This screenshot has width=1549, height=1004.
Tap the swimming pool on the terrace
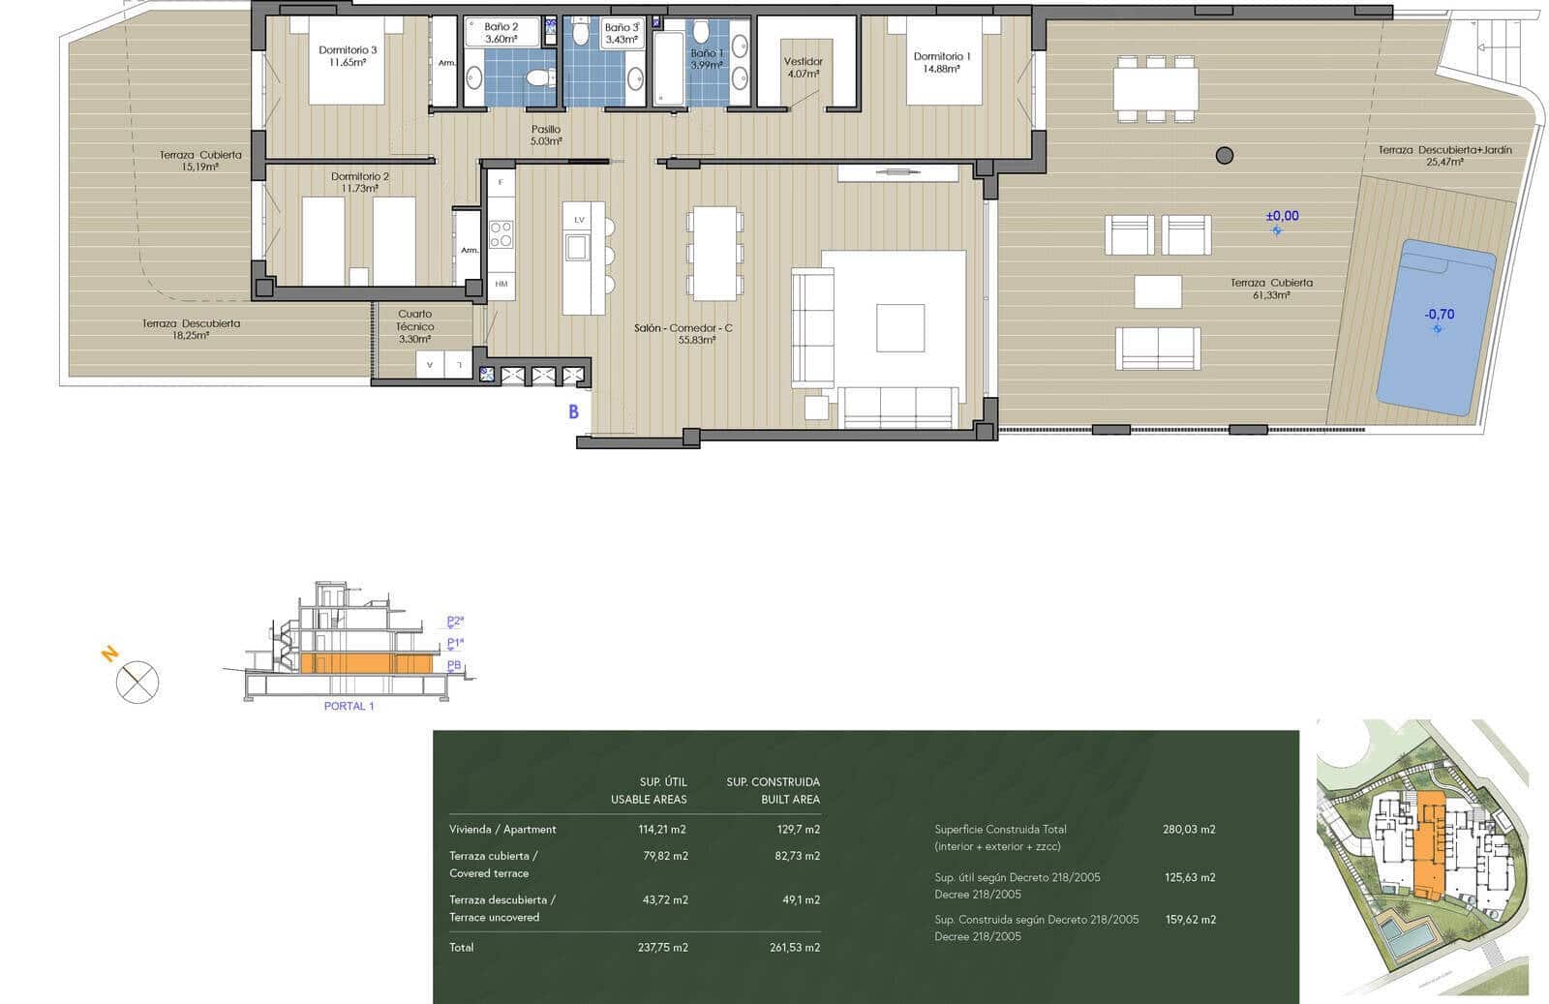1435,327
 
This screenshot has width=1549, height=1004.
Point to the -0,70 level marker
1439,315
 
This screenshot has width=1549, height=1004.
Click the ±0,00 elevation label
1282,216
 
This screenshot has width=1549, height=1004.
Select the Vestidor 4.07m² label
803,67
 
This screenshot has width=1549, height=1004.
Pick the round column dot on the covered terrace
1225,155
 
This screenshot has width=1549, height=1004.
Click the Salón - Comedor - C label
683,328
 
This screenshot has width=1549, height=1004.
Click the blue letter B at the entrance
573,411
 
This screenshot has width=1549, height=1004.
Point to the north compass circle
137,682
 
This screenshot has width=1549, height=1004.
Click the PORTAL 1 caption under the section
349,706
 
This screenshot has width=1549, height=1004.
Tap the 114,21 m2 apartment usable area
662,830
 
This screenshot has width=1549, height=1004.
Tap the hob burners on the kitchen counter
501,233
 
